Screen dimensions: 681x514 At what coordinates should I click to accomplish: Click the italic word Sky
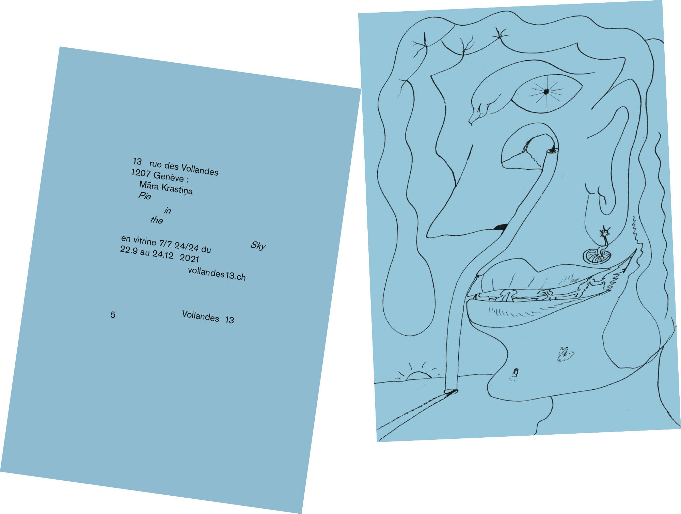coord(258,245)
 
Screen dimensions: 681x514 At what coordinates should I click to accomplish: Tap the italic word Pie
coord(144,196)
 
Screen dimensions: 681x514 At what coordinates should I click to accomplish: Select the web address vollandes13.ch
coord(217,274)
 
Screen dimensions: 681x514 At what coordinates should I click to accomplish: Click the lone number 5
coord(113,315)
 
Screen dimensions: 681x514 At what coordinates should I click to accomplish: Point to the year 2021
coord(189,258)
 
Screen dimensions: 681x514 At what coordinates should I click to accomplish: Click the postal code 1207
coord(141,173)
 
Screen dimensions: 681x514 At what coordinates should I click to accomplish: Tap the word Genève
coord(169,176)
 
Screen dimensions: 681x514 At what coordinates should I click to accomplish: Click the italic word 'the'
coord(156,220)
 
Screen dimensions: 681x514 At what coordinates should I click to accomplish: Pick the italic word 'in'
coord(167,211)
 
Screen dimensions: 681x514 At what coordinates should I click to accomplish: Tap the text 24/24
coord(186,246)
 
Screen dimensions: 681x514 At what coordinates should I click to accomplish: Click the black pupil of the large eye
coord(546,91)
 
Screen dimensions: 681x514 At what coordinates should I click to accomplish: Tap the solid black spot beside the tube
coord(501,227)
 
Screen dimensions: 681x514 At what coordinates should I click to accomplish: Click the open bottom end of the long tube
coord(451,391)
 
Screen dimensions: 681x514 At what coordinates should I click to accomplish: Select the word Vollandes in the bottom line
coord(201,316)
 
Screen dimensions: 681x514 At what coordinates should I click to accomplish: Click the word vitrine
coord(145,240)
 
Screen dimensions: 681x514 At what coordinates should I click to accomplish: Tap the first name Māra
coord(149,185)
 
